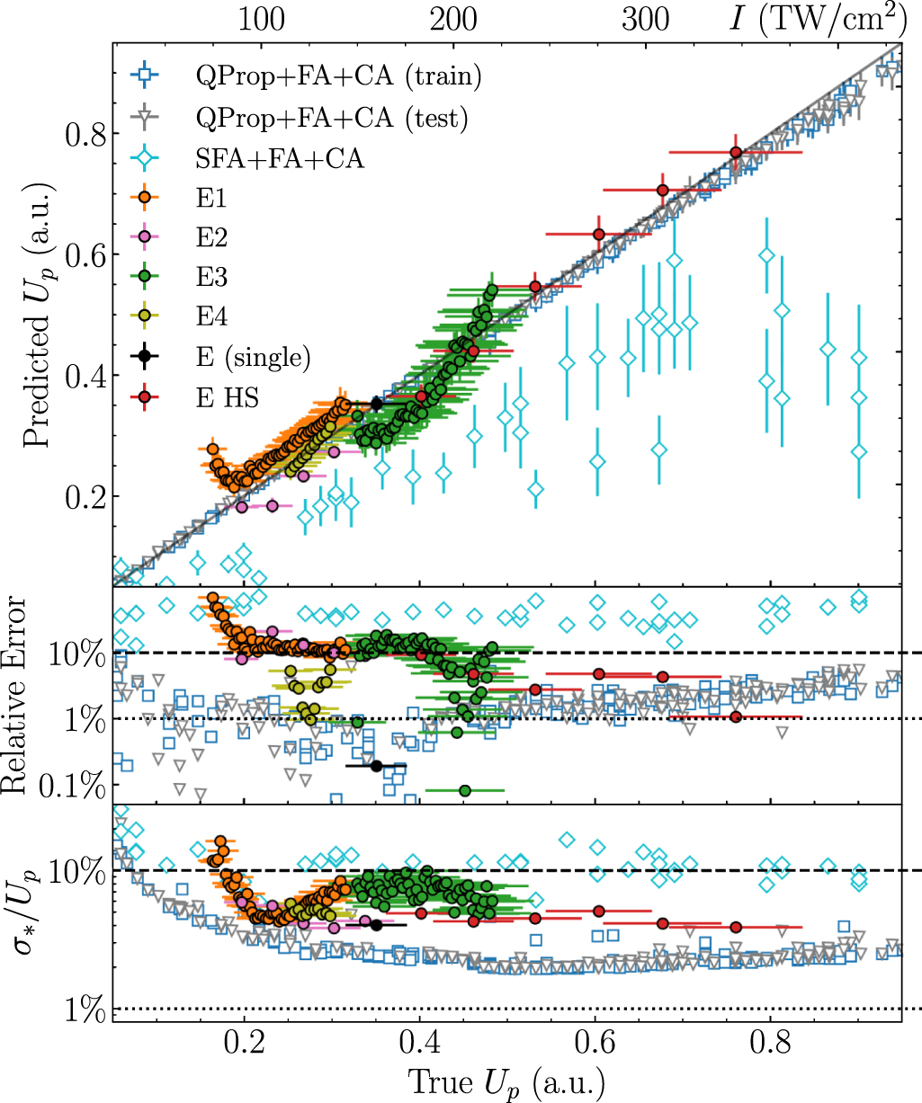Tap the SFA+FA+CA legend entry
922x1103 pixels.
click(x=280, y=158)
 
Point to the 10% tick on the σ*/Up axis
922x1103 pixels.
click(x=84, y=871)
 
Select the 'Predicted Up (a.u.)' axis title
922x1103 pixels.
click(x=36, y=315)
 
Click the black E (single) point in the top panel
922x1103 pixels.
click(x=376, y=404)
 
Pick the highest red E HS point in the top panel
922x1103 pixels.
click(x=736, y=153)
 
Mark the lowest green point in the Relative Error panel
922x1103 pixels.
click(x=464, y=790)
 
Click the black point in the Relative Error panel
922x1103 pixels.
click(x=376, y=766)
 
